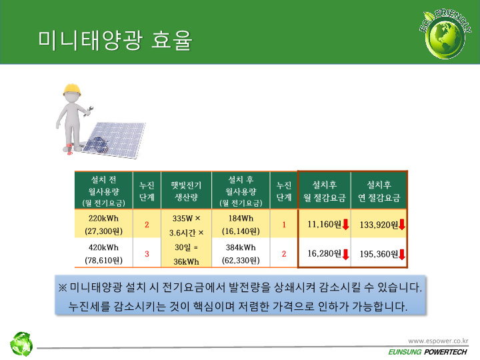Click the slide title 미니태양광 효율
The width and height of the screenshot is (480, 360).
coord(115,40)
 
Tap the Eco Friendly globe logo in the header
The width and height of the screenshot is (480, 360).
coord(445,34)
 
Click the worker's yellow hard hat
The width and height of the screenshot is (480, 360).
coord(72,89)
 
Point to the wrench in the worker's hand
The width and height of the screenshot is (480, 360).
coord(89,111)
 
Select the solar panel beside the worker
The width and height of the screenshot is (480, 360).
coord(115,139)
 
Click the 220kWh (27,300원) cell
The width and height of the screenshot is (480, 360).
coord(103,225)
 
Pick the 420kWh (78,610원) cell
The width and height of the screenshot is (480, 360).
coord(103,253)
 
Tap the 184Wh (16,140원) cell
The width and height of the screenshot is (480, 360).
coord(241,225)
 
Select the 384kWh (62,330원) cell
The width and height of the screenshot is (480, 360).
coord(241,253)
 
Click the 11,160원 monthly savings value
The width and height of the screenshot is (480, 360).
coord(324,225)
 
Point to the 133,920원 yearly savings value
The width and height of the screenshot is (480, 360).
coord(379,225)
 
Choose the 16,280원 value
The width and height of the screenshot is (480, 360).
coord(324,253)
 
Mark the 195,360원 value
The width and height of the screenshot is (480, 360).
coord(379,254)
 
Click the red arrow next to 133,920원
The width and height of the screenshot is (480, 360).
coord(402,225)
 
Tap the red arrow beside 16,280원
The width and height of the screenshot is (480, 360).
coord(345,254)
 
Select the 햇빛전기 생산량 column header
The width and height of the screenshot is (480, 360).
coord(186,191)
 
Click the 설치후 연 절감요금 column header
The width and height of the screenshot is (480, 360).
coord(379,191)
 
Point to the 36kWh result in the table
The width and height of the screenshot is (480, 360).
coord(186,262)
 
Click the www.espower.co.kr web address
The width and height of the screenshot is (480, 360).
coord(438,341)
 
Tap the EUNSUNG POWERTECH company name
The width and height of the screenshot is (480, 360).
coord(427,352)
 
